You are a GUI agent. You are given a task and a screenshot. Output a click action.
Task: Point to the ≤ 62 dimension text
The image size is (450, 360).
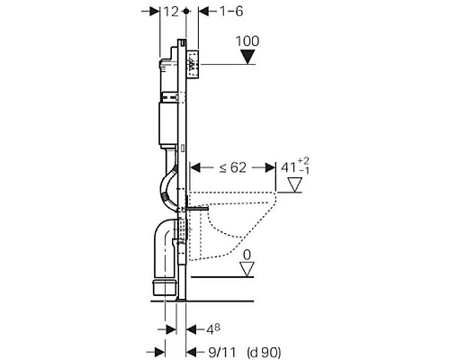click(232, 166)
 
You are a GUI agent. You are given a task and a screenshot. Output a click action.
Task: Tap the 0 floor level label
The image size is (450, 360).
click(245, 255)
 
